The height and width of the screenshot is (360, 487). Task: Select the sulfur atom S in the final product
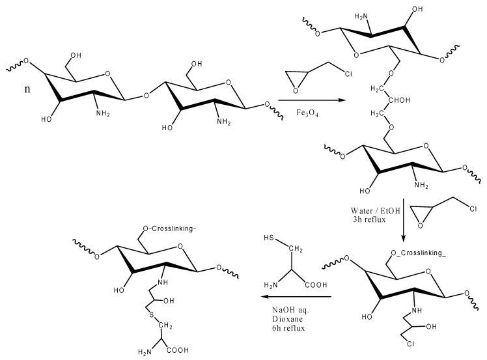pyautogui.click(x=150, y=318)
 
